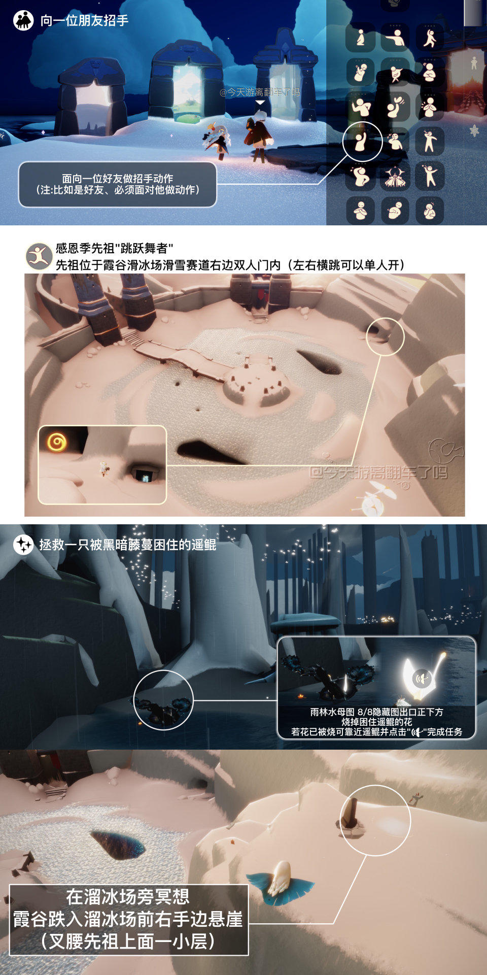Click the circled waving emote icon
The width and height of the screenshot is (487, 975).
[362, 142]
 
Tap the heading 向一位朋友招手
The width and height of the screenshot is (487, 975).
[84, 21]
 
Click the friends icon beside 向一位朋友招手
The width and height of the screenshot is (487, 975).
[23, 21]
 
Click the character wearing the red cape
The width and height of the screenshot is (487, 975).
[258, 135]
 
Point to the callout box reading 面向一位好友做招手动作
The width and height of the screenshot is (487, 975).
[118, 184]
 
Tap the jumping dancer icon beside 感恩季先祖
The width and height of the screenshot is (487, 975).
[39, 256]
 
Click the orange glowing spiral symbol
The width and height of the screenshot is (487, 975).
[57, 442]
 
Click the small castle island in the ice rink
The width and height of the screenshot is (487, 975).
[257, 384]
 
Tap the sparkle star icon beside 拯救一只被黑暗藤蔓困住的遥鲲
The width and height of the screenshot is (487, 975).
[23, 545]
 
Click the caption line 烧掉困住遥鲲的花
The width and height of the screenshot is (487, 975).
[376, 722]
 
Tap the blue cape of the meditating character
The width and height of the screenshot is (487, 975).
[281, 888]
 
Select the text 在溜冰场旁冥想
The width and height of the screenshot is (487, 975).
[128, 897]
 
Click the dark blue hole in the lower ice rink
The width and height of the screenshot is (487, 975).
[118, 845]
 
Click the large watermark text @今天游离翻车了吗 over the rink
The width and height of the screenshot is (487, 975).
[378, 473]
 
